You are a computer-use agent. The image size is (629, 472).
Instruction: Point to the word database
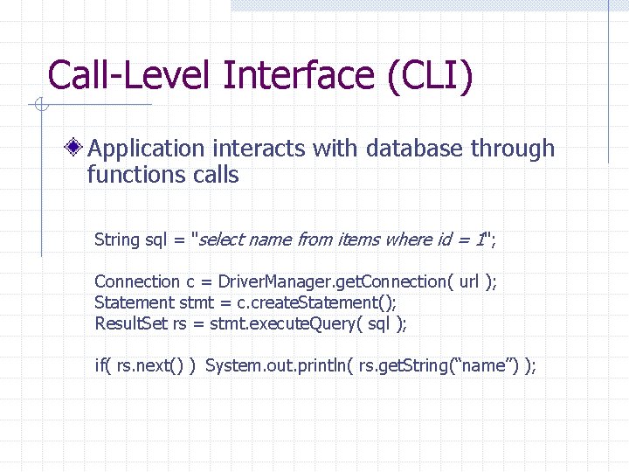[x=415, y=149]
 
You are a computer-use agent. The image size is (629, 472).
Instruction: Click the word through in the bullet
[x=513, y=149]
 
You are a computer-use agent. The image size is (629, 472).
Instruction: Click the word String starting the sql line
[x=117, y=239]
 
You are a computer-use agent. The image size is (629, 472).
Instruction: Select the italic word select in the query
[x=223, y=239]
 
